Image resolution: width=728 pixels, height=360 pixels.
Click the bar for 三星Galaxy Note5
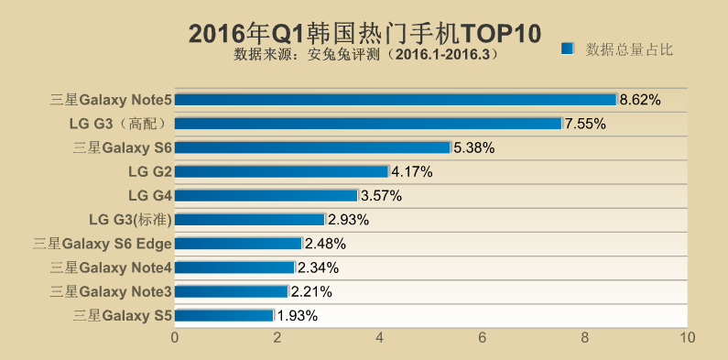(x=395, y=99)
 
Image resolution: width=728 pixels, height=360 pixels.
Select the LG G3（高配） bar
(x=367, y=123)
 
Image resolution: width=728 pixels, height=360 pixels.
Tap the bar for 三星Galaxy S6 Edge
(x=237, y=243)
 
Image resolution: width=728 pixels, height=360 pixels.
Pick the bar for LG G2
(x=281, y=170)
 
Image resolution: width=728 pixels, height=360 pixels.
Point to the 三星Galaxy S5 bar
(x=223, y=315)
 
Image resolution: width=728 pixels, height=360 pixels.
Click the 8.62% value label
(x=640, y=99)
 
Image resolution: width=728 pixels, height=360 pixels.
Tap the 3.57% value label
(x=381, y=195)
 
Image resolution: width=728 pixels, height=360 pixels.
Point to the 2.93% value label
(x=348, y=219)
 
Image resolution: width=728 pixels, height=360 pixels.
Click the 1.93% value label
(x=297, y=315)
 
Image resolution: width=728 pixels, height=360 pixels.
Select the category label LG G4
(x=150, y=195)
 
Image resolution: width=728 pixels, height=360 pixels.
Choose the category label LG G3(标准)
(x=130, y=219)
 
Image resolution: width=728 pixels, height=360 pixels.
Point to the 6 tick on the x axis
(x=483, y=337)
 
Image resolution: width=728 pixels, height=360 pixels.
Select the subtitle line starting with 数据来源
(x=365, y=55)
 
